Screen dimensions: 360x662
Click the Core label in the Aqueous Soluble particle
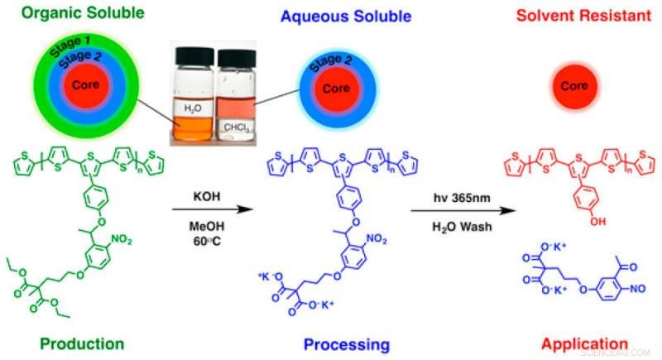click(x=334, y=89)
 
